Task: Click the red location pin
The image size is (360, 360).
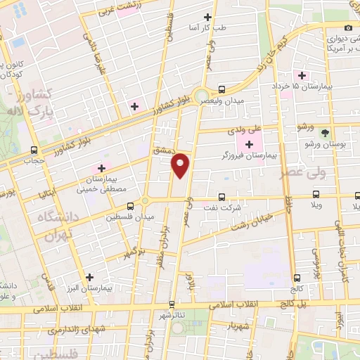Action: click(181, 165)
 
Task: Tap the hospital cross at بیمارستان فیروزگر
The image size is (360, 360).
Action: click(249, 144)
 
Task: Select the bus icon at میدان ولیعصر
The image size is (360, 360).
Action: click(222, 89)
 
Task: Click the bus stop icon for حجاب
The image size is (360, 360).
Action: click(34, 150)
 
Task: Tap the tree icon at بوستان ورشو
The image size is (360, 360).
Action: click(324, 131)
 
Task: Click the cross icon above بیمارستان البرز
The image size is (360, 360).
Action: click(89, 276)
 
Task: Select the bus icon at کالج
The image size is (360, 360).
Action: click(297, 278)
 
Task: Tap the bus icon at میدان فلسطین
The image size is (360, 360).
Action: click(131, 206)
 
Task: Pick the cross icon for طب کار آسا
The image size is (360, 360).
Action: click(207, 17)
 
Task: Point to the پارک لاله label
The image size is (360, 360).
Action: click(27, 112)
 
